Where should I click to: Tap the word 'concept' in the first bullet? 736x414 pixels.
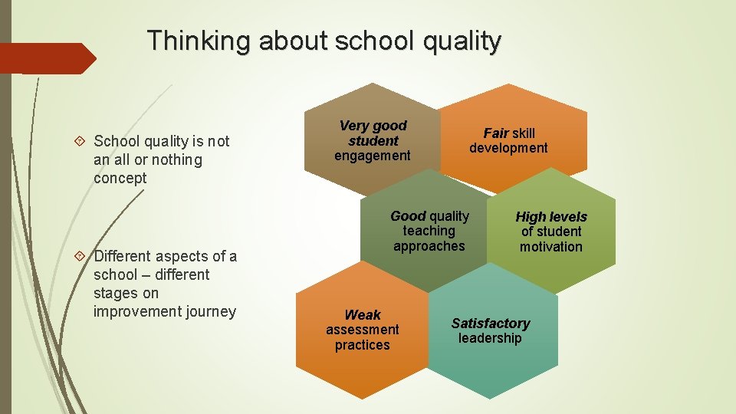click(120, 178)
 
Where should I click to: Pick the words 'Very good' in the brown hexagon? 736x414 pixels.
click(373, 125)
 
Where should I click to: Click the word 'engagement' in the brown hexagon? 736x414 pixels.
click(373, 156)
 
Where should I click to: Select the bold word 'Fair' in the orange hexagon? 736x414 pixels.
click(496, 133)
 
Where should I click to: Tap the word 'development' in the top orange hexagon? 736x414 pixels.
click(508, 148)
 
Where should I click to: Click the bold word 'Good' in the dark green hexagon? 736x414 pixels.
click(408, 216)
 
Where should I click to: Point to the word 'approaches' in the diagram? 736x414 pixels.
click(429, 246)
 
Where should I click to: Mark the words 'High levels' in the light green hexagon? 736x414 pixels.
click(551, 217)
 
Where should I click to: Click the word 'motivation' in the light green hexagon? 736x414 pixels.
click(551, 247)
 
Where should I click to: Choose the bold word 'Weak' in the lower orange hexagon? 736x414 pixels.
click(363, 315)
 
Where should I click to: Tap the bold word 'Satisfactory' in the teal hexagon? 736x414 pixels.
click(491, 324)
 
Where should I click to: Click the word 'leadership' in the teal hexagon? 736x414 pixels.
click(490, 338)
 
